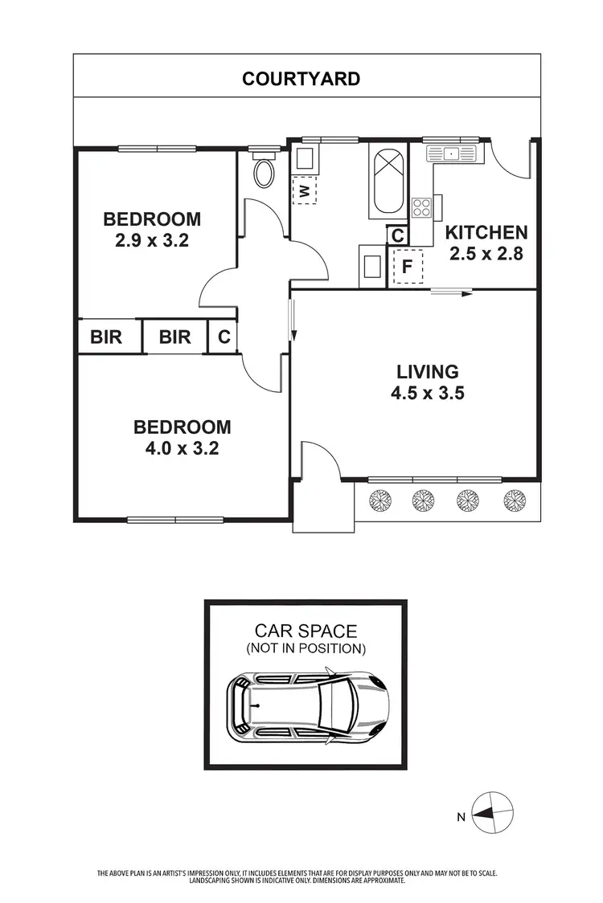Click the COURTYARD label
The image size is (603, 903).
click(x=301, y=79)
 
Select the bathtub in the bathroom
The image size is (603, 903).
click(x=388, y=181)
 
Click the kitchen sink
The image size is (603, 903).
click(x=452, y=152)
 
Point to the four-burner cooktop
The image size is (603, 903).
click(x=422, y=208)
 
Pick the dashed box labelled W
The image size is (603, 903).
click(x=304, y=190)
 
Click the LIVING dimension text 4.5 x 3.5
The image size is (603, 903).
click(x=428, y=393)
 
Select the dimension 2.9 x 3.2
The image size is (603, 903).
click(x=152, y=239)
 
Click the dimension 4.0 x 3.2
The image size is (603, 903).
click(x=182, y=447)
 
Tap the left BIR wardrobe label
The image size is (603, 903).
click(x=106, y=337)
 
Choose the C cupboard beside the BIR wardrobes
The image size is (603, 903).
click(x=224, y=337)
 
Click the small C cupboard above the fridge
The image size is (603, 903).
click(x=397, y=236)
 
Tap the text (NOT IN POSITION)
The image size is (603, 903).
click(x=306, y=648)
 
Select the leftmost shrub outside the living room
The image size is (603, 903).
click(x=378, y=501)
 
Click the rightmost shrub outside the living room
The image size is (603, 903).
click(x=513, y=501)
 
